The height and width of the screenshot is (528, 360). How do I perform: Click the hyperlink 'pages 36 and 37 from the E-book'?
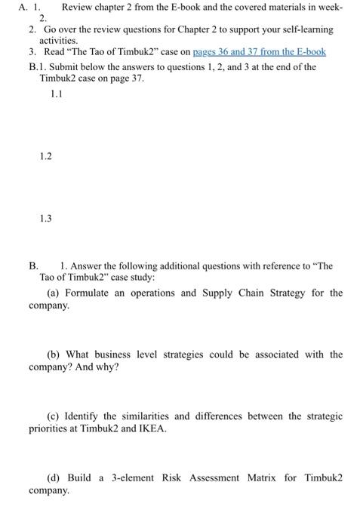(260, 52)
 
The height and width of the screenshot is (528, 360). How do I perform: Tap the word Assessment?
(203, 477)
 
